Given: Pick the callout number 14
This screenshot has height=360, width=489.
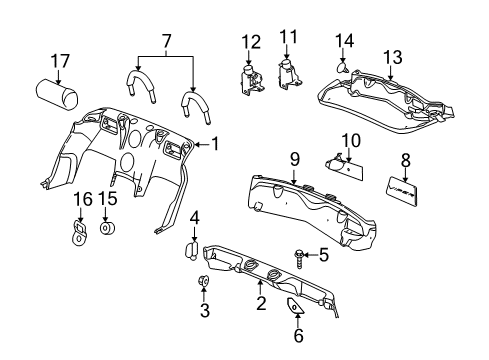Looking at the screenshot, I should [x=345, y=41].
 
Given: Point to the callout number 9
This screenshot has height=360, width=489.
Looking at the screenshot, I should [x=294, y=157].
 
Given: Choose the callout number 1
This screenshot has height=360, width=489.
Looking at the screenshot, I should [x=213, y=144].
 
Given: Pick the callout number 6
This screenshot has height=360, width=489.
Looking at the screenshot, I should [x=298, y=336].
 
